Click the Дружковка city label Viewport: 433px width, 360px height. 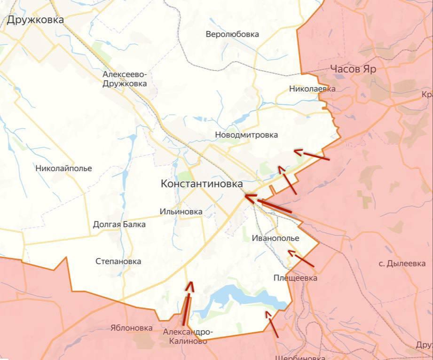[x=35, y=20]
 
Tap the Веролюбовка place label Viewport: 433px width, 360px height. [x=232, y=34]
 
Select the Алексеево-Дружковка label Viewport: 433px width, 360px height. [x=125, y=79]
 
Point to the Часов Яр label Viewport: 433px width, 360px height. [x=353, y=69]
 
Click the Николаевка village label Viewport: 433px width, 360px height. [x=312, y=88]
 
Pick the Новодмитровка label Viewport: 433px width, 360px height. [x=246, y=135]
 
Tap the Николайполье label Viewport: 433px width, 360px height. [x=63, y=168]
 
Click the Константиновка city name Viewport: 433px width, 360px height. [x=202, y=184]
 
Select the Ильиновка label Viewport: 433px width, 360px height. [x=181, y=211]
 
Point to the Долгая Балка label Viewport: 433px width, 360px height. [x=119, y=224]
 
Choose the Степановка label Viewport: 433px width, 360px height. [x=118, y=261]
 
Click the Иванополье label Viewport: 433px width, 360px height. [x=275, y=238]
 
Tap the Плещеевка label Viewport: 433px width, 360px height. [x=295, y=278]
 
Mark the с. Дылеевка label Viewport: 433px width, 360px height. [x=402, y=264]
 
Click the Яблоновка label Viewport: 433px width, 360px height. [x=132, y=328]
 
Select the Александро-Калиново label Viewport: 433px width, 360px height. [x=185, y=337]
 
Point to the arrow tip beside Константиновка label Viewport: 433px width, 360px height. [x=246, y=197]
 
